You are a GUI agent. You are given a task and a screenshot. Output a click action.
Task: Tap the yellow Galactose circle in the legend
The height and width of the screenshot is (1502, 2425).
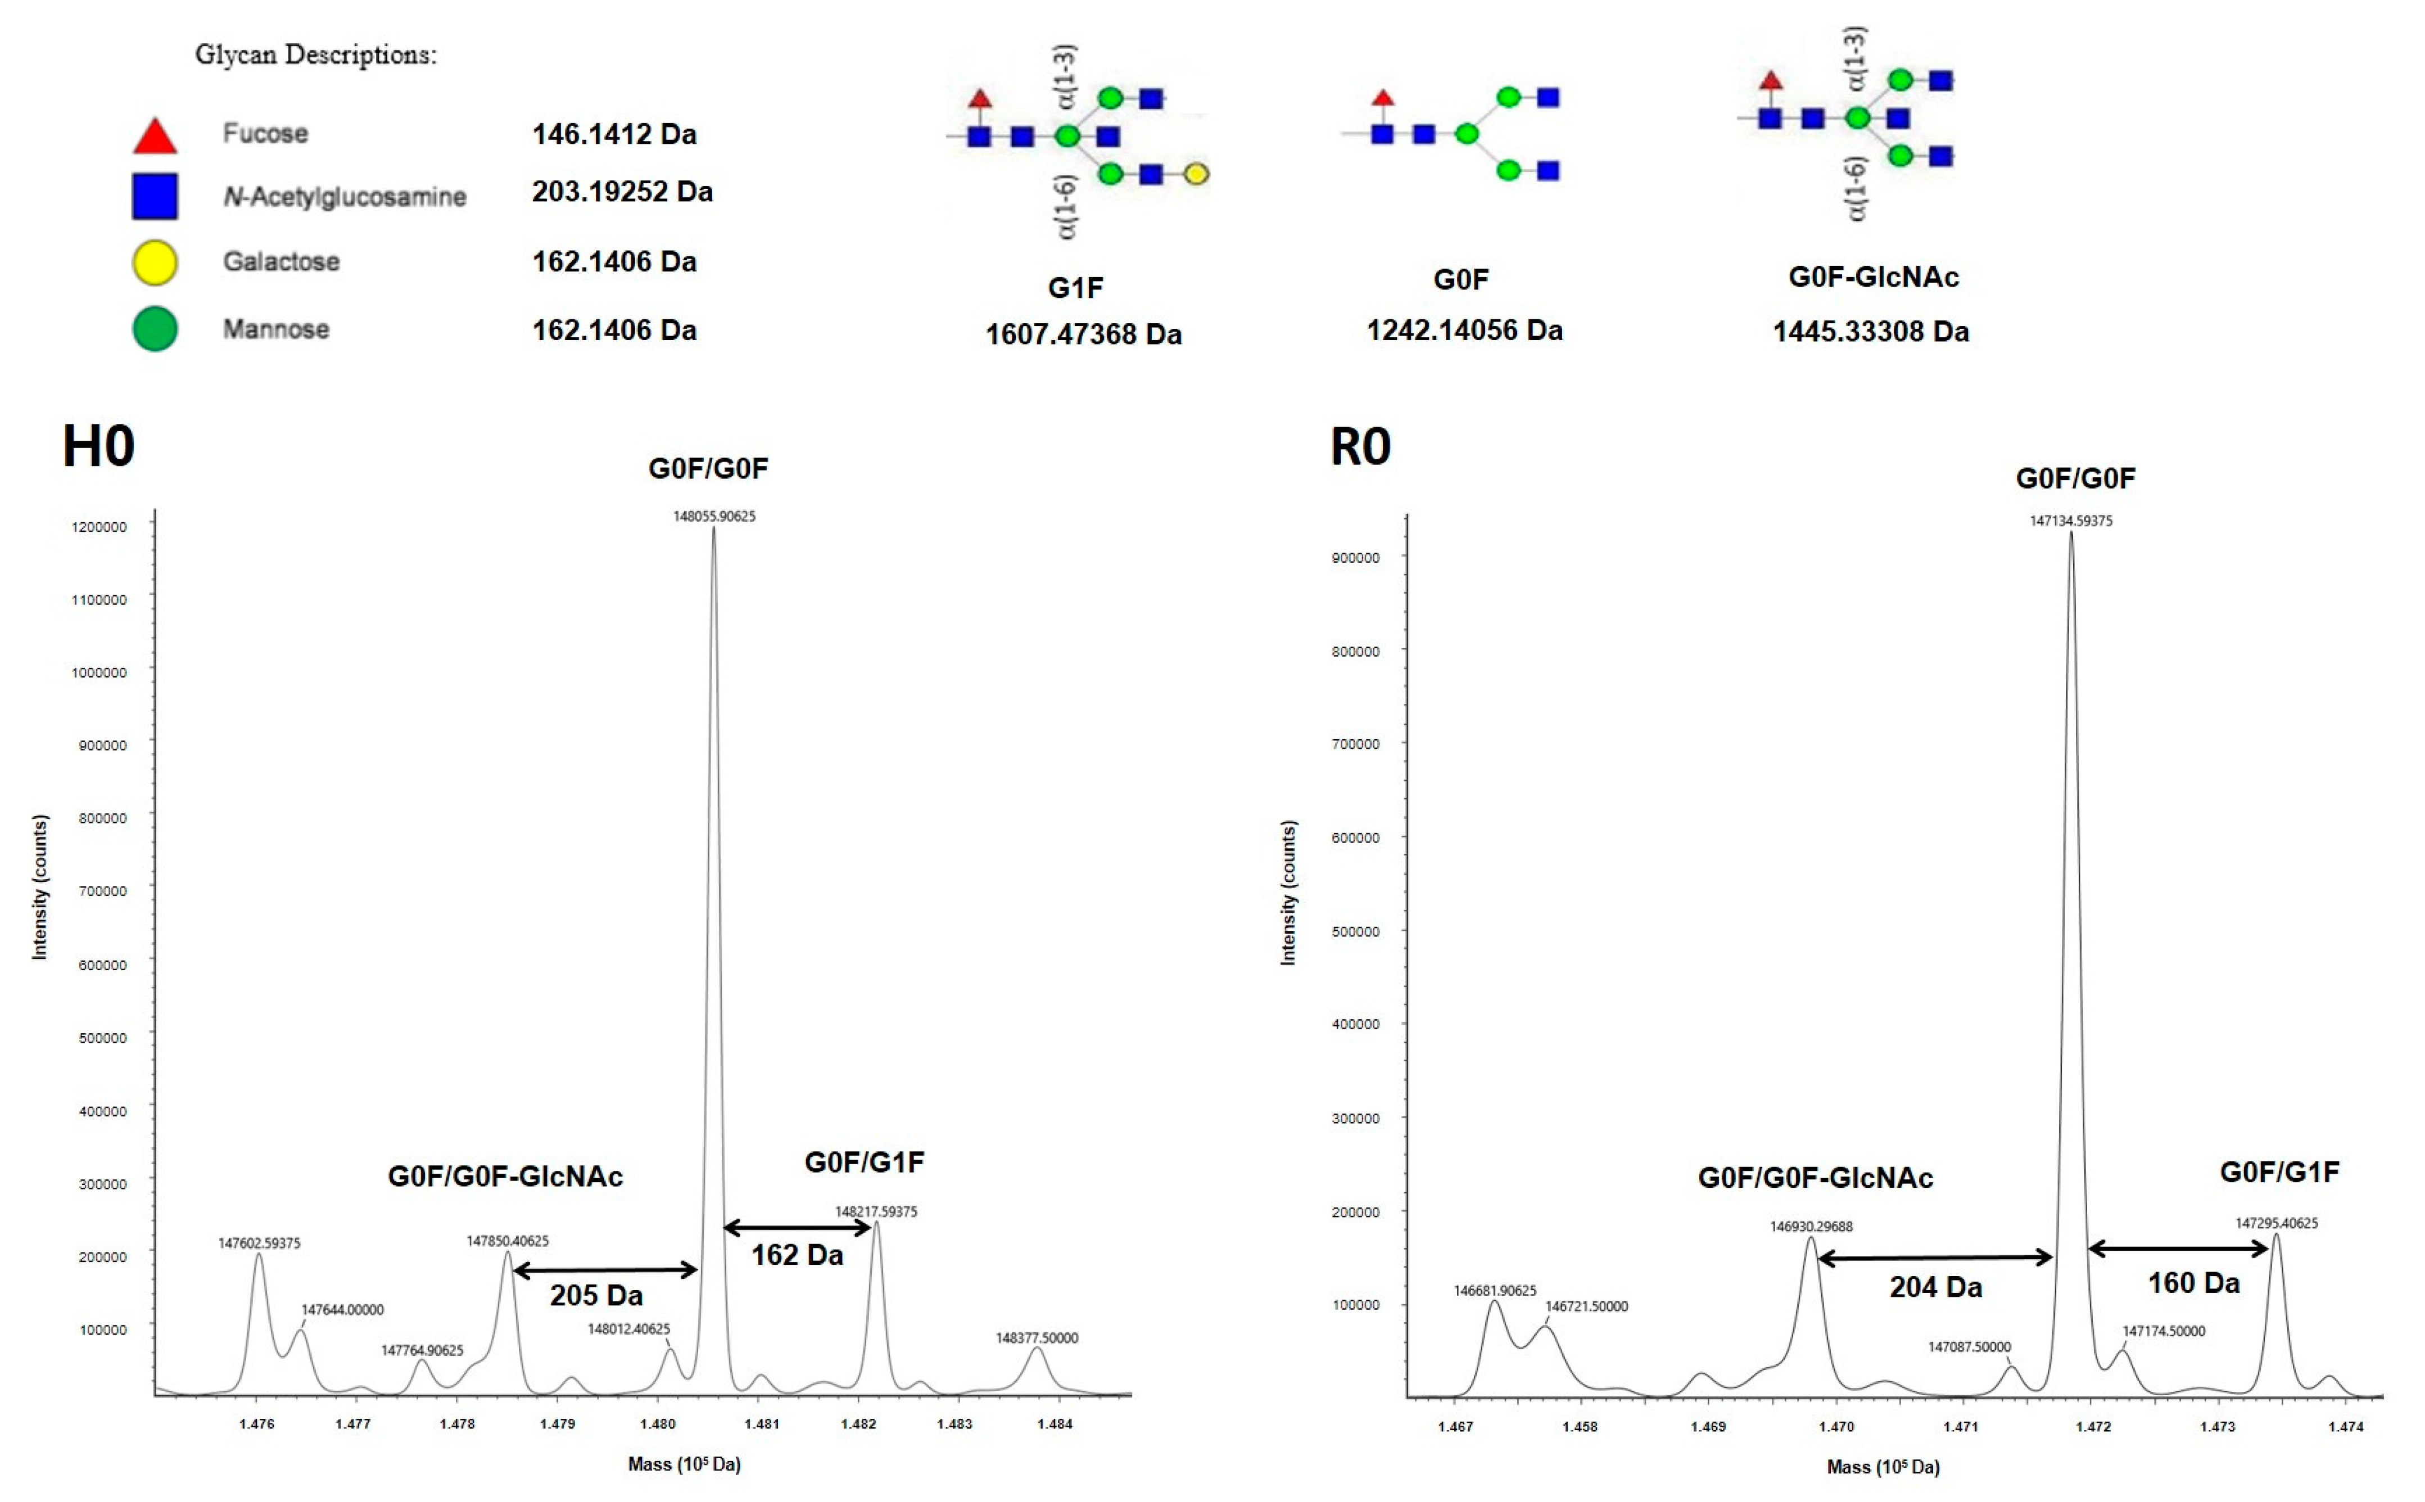coord(155,263)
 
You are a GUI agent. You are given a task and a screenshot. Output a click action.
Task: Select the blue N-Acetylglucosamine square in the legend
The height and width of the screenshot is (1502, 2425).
coord(155,196)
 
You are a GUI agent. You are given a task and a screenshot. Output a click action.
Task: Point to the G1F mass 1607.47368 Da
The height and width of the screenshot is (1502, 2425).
coord(1083,334)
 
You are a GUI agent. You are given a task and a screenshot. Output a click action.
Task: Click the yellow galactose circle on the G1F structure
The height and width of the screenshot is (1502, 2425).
coord(1197,174)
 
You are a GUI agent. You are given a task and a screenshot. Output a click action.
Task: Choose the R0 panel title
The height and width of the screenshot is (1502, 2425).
coord(1360,447)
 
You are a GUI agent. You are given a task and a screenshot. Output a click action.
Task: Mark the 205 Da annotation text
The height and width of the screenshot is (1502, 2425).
coord(596,1295)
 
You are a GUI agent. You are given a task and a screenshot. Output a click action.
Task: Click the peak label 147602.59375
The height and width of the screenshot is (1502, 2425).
coord(259,1243)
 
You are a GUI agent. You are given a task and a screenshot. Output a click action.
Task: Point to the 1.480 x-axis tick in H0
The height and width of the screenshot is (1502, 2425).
coord(658,1423)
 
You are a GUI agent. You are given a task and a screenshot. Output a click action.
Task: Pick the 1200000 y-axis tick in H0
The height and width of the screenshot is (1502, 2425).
coord(99,527)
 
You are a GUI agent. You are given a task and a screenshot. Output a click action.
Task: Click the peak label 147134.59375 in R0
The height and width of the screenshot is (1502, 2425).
coord(2071,521)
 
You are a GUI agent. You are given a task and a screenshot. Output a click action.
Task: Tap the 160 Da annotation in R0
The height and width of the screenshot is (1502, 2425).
coord(2193,1283)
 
